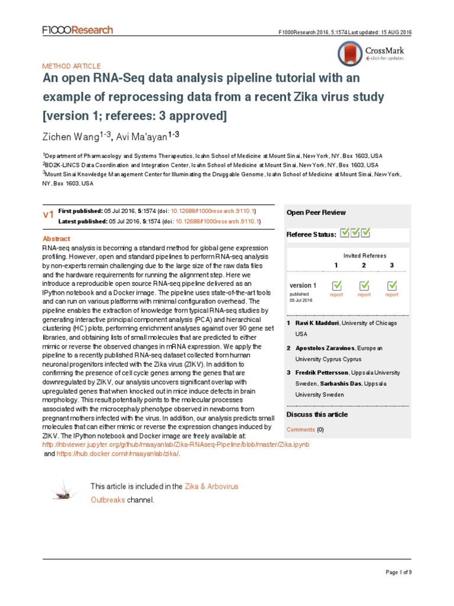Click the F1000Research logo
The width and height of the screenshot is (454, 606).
[77, 30]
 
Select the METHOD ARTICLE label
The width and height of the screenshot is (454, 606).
[71, 66]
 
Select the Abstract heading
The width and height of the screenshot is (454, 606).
[57, 238]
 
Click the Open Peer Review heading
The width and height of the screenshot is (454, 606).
[316, 212]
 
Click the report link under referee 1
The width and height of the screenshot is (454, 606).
[336, 295]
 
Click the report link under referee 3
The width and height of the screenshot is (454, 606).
[391, 295]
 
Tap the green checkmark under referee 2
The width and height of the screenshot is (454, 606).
[364, 285]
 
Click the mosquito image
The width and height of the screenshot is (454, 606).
[64, 490]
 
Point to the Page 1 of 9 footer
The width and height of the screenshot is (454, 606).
[398, 572]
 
